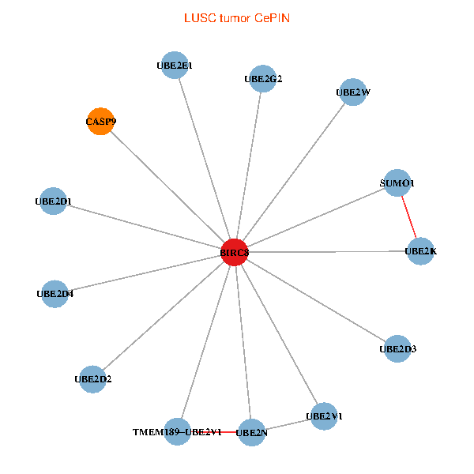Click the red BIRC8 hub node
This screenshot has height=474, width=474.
(x=235, y=252)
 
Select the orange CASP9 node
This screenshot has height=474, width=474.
(x=100, y=122)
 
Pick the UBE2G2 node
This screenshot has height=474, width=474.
(x=262, y=78)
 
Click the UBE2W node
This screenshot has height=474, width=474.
(x=352, y=92)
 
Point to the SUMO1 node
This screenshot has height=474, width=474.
(x=397, y=183)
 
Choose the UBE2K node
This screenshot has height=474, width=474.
(x=420, y=251)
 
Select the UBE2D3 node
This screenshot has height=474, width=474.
(x=397, y=348)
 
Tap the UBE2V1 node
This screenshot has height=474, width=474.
(x=324, y=416)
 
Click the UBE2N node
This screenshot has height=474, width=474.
(x=251, y=432)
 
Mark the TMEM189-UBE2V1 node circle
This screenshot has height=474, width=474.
(x=178, y=431)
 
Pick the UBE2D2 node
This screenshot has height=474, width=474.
(x=92, y=379)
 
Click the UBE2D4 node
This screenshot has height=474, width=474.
(x=55, y=294)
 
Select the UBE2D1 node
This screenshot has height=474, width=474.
(x=53, y=201)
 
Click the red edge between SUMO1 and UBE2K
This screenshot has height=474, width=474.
(x=408, y=217)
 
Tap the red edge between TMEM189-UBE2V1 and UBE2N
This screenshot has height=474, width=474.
(x=219, y=432)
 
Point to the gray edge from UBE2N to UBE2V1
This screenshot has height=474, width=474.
(x=288, y=424)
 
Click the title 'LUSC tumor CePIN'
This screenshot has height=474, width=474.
(x=237, y=17)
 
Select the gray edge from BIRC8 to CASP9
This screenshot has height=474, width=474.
(x=167, y=187)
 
